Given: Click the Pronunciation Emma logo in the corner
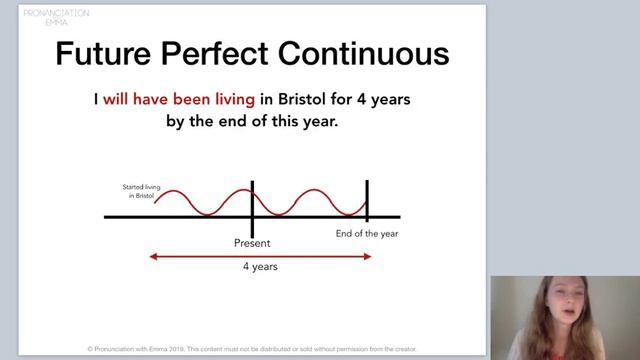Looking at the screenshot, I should [x=56, y=17].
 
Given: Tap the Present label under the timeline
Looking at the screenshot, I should [x=252, y=243].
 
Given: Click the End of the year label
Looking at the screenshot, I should [x=367, y=233].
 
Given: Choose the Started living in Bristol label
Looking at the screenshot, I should [x=138, y=191].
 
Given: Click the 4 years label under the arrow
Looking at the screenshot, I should [x=260, y=267].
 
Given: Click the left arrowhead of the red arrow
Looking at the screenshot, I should [x=153, y=256].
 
